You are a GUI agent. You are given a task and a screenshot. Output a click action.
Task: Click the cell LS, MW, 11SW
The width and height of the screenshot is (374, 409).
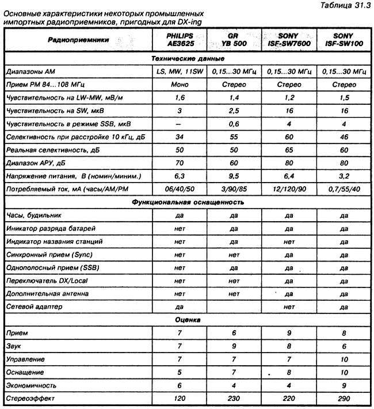[175, 73]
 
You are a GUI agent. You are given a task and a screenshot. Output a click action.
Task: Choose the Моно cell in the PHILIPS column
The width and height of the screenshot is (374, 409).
[175, 85]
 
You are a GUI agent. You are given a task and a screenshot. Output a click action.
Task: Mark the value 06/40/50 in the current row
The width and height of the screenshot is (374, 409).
[175, 189]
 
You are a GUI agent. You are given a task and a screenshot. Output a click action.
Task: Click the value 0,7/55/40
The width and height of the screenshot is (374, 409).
[344, 189]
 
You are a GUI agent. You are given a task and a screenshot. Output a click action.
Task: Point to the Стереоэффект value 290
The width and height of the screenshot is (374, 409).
[344, 397]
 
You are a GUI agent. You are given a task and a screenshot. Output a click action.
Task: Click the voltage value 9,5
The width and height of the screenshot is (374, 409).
[230, 176]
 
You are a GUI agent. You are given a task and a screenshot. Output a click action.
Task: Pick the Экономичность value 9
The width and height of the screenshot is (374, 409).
[344, 384]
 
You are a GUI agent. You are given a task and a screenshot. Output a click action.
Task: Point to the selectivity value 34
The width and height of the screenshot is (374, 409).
[175, 137]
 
